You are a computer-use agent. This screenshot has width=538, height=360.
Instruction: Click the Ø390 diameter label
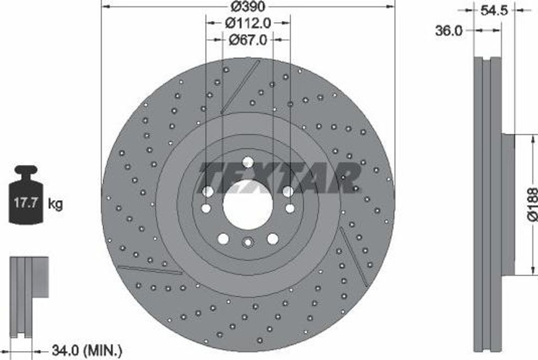248,6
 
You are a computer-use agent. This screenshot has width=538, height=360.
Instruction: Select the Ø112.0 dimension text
248,23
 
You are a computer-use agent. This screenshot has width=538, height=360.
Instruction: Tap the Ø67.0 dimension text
248,40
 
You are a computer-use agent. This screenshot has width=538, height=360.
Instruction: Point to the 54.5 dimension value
494,11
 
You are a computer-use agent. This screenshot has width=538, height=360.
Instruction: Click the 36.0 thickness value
449,31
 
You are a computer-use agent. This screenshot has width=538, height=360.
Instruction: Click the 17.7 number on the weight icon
26,203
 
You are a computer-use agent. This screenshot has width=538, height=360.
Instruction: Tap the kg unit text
55,204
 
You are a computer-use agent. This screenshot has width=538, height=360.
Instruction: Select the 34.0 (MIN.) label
87,351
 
